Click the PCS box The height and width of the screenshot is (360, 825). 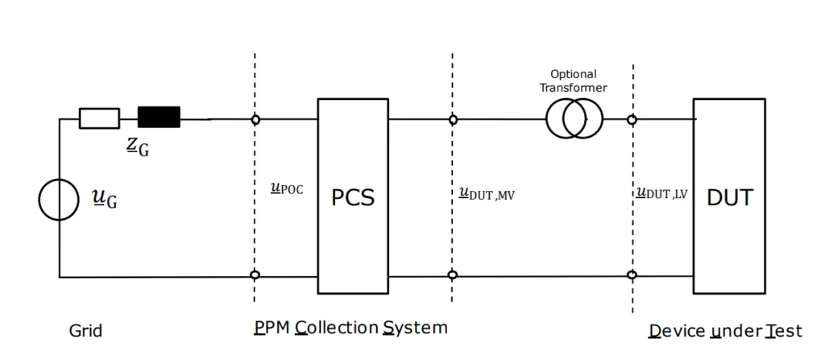point(353,196)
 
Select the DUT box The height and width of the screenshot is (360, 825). point(729,196)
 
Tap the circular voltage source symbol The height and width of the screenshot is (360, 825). point(60,200)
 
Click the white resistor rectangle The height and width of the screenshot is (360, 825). point(99,118)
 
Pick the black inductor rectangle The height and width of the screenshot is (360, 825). point(159,118)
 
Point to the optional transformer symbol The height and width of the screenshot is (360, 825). point(574,119)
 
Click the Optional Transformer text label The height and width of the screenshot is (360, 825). point(574,81)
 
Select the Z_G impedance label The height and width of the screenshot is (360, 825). point(139,146)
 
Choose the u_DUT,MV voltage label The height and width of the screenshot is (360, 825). point(486,193)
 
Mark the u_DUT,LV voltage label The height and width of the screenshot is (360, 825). point(661,193)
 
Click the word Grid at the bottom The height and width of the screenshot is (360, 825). point(85,331)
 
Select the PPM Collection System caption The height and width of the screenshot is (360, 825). point(350,329)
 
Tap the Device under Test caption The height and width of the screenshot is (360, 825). point(725,331)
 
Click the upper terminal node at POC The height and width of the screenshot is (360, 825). point(255,119)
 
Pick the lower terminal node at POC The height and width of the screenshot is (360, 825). point(255,275)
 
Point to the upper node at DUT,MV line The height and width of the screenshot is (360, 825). point(453,119)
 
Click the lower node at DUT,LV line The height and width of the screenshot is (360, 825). point(632,275)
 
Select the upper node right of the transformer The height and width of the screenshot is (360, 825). point(632,119)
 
